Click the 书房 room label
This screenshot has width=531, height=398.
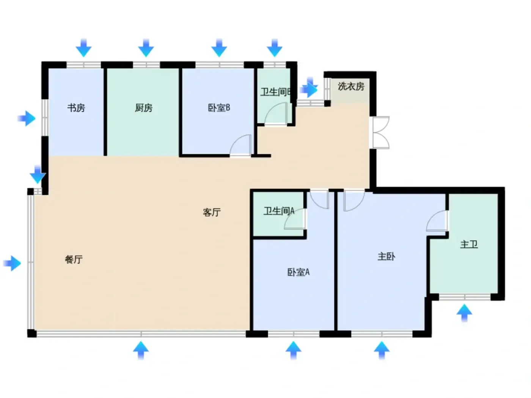click(x=76, y=108)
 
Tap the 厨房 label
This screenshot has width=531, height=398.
click(x=144, y=108)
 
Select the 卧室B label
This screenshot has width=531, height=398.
click(x=219, y=108)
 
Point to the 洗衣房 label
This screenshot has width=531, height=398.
click(x=351, y=86)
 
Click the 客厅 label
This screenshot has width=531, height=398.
click(x=212, y=212)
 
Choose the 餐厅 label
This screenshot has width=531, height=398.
click(x=74, y=260)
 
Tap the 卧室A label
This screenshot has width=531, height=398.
click(x=298, y=272)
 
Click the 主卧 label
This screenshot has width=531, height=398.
click(x=386, y=256)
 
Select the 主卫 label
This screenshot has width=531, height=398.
click(x=469, y=244)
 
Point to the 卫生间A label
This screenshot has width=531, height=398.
click(x=279, y=211)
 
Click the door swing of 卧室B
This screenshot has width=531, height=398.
click(x=240, y=145)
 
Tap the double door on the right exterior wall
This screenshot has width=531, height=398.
click(x=379, y=132)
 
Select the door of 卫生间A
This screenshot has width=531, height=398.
click(x=295, y=219)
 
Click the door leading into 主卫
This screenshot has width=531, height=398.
click(x=437, y=221)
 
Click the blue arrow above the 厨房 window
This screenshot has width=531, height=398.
click(x=146, y=48)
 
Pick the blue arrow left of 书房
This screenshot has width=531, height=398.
click(x=27, y=118)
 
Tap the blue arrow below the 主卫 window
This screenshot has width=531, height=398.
click(x=464, y=313)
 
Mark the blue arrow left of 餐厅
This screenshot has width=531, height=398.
click(x=12, y=263)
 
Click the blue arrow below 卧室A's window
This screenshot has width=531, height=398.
click(x=294, y=350)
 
